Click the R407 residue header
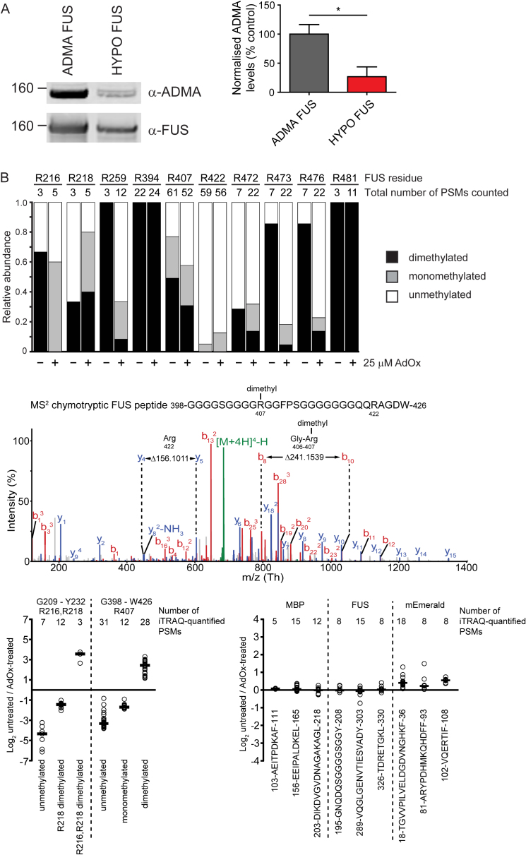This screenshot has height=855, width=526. coord(179,179)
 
